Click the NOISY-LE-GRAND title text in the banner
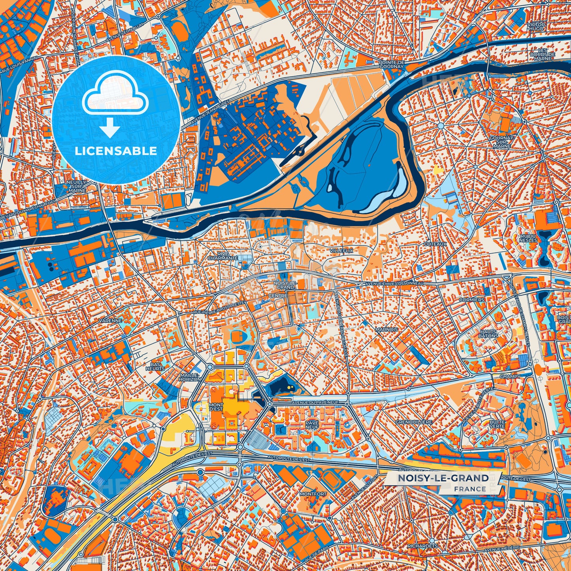click(x=443, y=478)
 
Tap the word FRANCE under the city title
click(x=470, y=489)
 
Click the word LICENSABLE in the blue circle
click(x=116, y=151)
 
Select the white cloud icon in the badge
click(x=115, y=95)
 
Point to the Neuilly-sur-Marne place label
click(x=77, y=186)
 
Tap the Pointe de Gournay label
click(x=391, y=64)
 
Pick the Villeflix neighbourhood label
click(x=341, y=251)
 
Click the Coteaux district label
click(x=435, y=244)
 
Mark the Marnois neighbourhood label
click(x=386, y=329)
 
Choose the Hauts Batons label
click(x=488, y=334)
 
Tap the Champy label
click(x=510, y=377)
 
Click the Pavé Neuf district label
click(x=312, y=425)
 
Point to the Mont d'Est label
click(x=216, y=407)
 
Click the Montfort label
click(x=313, y=494)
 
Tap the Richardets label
click(x=422, y=546)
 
